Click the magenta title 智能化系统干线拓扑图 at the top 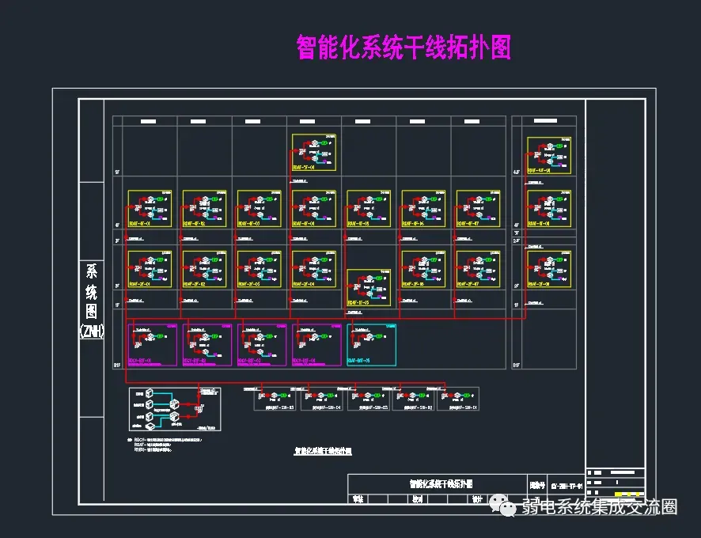pyautogui.click(x=404, y=47)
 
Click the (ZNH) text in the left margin pyautogui.click(x=93, y=332)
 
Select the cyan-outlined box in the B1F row pyautogui.click(x=371, y=344)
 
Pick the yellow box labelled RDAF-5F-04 pyautogui.click(x=314, y=152)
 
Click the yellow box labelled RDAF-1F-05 pyautogui.click(x=369, y=288)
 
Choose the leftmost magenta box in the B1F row pyautogui.click(x=152, y=344)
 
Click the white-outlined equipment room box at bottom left pyautogui.click(x=174, y=408)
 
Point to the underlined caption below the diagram pyautogui.click(x=323, y=451)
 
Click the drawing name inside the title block pyautogui.click(x=440, y=483)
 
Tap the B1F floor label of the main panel pyautogui.click(x=117, y=365)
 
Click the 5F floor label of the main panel pyautogui.click(x=117, y=172)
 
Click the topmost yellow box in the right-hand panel pyautogui.click(x=549, y=155)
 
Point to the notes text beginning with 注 pyautogui.click(x=166, y=445)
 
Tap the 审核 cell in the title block pyautogui.click(x=358, y=498)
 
